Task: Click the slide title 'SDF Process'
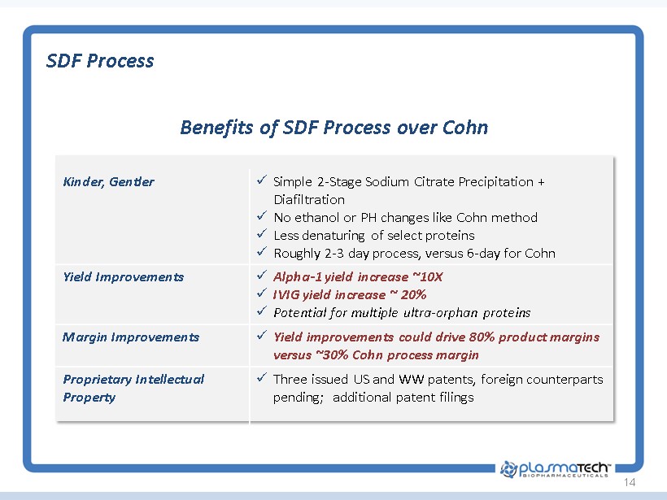coord(100,61)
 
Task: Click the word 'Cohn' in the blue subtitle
coord(465,127)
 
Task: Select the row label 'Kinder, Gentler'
coord(108,182)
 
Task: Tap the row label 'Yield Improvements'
coord(124,277)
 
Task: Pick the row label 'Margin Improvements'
coord(131,337)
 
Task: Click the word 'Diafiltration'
coord(309,199)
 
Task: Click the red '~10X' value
coord(428,277)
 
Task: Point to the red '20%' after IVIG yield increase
coord(413,295)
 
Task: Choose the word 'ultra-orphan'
coord(440,313)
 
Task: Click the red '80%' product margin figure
coord(482,337)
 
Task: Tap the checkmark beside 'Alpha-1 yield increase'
coord(262,275)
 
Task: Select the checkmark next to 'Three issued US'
coord(262,377)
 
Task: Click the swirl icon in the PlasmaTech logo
coord(508,469)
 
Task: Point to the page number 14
coord(630,482)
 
